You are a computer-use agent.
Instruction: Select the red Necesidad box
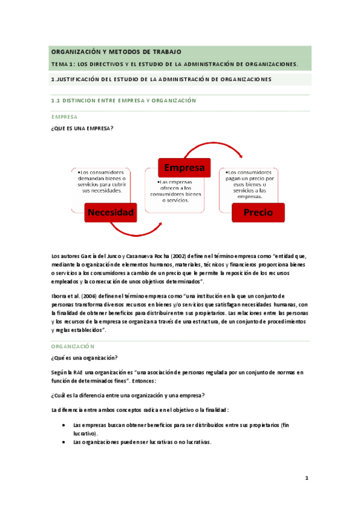tap(110, 212)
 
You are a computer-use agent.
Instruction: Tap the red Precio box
tap(258, 212)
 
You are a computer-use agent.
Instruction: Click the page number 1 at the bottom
tap(307, 478)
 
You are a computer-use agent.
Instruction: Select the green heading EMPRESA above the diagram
tap(64, 117)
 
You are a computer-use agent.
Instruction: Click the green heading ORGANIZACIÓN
tap(73, 348)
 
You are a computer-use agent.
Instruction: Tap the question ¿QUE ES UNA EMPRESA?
tap(82, 128)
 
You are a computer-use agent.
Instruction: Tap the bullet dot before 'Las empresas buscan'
tap(64, 425)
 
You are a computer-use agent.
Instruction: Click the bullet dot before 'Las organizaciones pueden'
tap(64, 442)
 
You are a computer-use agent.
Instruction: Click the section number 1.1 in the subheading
tap(56, 100)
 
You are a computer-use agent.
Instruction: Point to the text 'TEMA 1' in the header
tap(63, 64)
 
